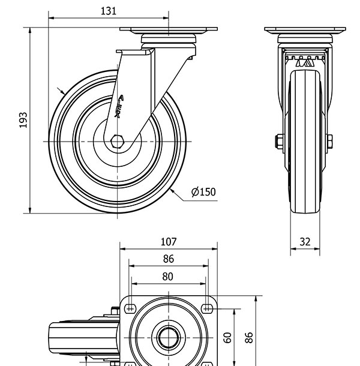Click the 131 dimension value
[x=109, y=10]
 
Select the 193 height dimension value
[x=23, y=120]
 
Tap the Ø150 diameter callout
[x=203, y=192]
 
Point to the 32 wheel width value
[x=305, y=242]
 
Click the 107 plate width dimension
[x=169, y=242]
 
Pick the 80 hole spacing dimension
[x=168, y=276]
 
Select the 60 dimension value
[x=227, y=337]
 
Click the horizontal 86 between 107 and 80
[x=169, y=259]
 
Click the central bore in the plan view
[x=168, y=337]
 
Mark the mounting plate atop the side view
[x=168, y=30]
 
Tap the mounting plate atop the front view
[x=305, y=30]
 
